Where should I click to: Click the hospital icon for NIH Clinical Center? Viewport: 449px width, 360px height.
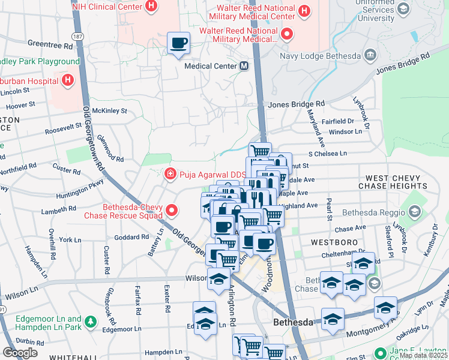[x=151, y=8]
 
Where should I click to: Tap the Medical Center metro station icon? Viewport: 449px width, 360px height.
[x=244, y=66]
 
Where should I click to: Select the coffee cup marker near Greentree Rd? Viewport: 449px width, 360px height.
[x=179, y=43]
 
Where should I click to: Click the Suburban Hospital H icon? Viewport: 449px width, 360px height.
[x=68, y=79]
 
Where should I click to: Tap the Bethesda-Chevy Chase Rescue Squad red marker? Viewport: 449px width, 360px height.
[x=172, y=211]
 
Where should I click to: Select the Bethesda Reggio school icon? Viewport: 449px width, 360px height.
[x=414, y=211]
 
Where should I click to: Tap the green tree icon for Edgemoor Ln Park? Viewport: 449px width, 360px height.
[x=91, y=323]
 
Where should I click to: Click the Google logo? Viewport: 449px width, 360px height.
[x=20, y=353]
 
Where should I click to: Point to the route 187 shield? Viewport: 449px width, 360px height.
[x=77, y=37]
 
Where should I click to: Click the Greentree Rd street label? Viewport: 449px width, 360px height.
[x=50, y=44]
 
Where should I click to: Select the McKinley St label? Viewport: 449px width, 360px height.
[x=109, y=111]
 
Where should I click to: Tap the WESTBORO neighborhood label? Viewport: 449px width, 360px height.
[x=331, y=242]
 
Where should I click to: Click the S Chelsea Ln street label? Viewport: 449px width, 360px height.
[x=328, y=154]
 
